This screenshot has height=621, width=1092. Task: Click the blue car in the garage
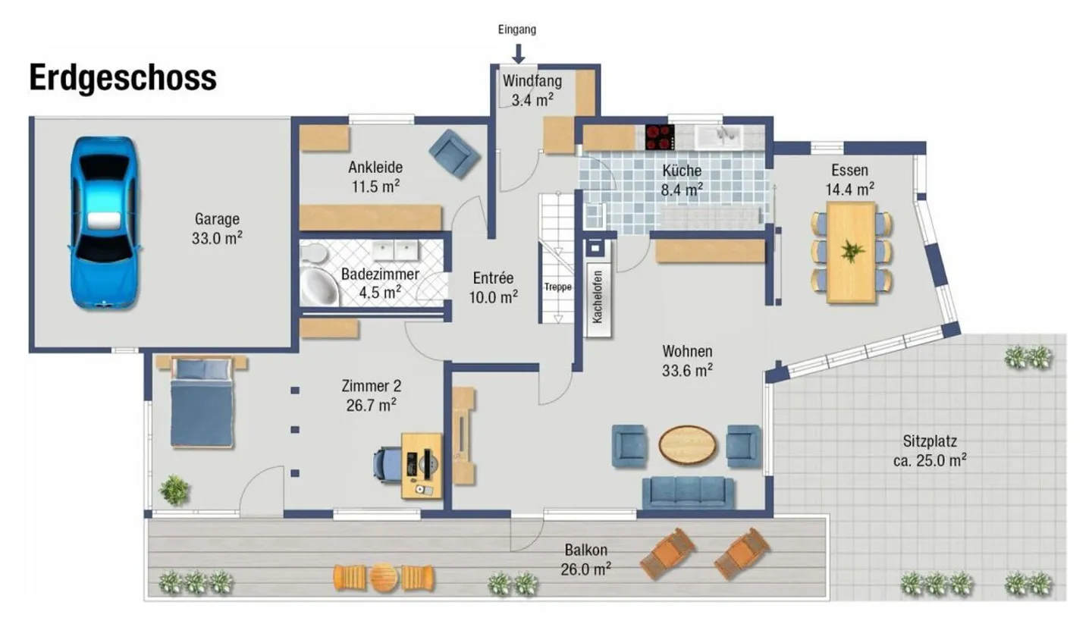click(104, 222)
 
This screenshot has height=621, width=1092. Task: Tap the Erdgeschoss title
click(123, 78)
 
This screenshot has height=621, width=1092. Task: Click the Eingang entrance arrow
click(518, 52)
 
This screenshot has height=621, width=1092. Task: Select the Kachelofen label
click(598, 296)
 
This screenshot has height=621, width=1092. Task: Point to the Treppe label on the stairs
click(557, 287)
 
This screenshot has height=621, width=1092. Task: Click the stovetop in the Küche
click(659, 136)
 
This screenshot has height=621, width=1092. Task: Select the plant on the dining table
click(852, 251)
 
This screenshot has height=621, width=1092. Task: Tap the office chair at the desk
click(388, 463)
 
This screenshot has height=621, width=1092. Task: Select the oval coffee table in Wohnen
click(687, 444)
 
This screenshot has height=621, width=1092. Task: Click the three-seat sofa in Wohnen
click(687, 492)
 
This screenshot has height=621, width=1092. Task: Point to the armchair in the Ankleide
click(453, 153)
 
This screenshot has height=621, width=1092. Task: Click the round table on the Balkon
click(384, 578)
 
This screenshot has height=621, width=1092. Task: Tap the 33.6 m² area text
click(687, 370)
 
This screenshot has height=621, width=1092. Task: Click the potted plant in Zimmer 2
click(174, 490)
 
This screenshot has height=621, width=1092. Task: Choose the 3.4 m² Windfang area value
click(532, 99)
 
